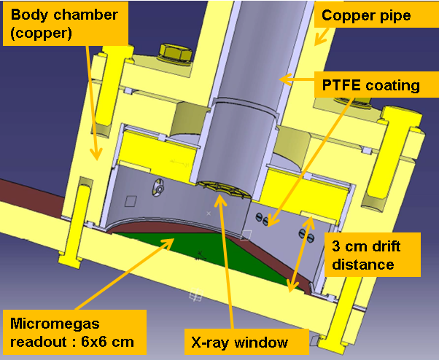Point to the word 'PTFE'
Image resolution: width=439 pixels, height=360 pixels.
click(x=342, y=85)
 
